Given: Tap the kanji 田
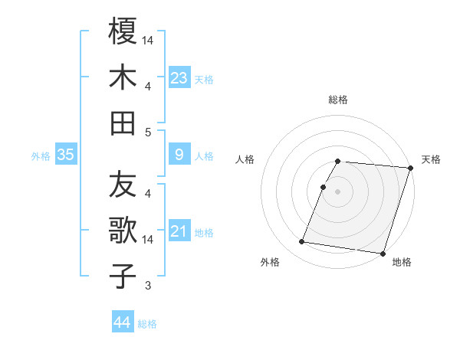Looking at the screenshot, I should [123, 123].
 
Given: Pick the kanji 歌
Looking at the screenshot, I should [123, 231].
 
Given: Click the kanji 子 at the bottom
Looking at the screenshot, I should [123, 276].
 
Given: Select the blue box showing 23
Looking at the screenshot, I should [179, 77].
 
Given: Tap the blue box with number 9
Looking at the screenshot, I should [179, 155].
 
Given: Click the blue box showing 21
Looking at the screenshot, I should [179, 232].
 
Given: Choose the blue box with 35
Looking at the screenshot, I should [65, 155].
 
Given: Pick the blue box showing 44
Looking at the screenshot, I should [123, 323].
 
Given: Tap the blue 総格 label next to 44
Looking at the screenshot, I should [147, 324].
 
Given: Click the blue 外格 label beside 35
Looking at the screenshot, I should [41, 156].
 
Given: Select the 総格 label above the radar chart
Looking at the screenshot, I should [338, 100].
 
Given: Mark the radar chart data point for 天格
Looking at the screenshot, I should [410, 167].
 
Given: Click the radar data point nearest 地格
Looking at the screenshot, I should [382, 254].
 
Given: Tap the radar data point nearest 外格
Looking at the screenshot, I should [301, 242].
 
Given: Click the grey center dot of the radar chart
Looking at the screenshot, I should [338, 191].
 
